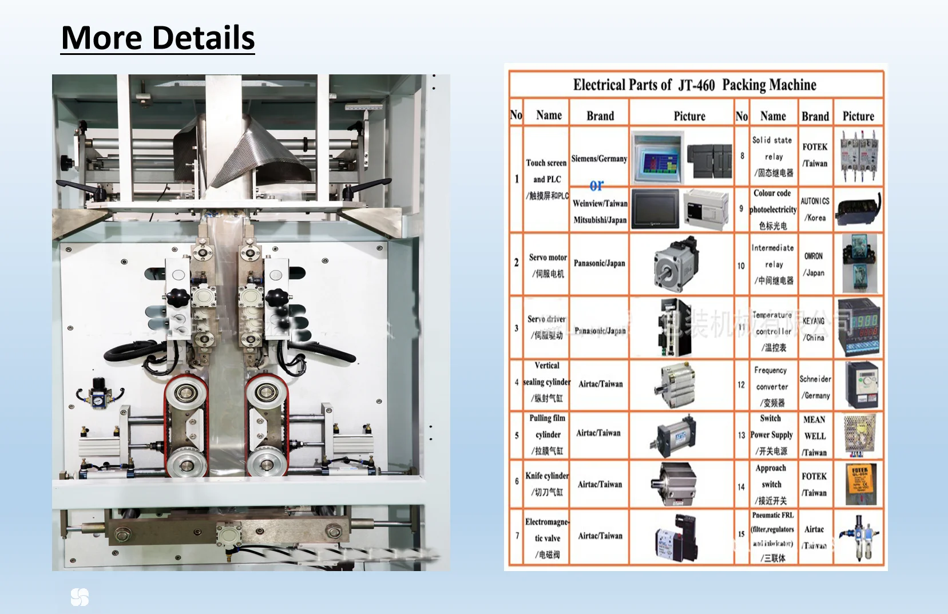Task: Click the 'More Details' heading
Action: click(158, 38)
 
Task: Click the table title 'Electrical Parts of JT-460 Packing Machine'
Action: click(695, 85)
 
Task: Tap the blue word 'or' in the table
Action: click(596, 185)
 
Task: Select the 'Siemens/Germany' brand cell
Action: click(599, 159)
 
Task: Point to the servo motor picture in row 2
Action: click(677, 264)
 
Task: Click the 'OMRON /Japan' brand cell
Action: click(814, 264)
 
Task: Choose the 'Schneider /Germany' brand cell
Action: click(815, 387)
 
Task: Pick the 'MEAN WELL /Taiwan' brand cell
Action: click(814, 435)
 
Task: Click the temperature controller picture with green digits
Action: click(858, 327)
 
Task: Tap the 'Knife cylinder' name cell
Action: click(546, 484)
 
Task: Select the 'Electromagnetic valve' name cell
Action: click(546, 538)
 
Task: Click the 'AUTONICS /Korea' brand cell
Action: click(815, 209)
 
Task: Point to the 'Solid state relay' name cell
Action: click(772, 156)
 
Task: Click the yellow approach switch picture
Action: click(860, 484)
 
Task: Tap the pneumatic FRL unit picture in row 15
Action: click(858, 538)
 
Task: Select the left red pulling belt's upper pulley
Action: click(185, 393)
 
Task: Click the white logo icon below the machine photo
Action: click(80, 597)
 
